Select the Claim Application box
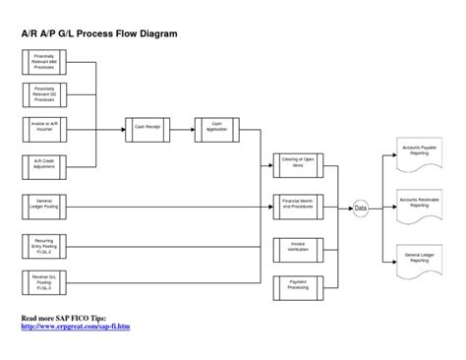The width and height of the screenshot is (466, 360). tap(215, 126)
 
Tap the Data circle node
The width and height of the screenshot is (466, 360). tap(361, 209)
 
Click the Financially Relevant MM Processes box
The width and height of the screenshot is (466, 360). tap(44, 62)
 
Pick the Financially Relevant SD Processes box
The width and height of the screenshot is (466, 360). tap(44, 94)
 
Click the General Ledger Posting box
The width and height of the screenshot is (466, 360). tap(44, 205)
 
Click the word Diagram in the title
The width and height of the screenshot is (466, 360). tap(154, 33)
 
